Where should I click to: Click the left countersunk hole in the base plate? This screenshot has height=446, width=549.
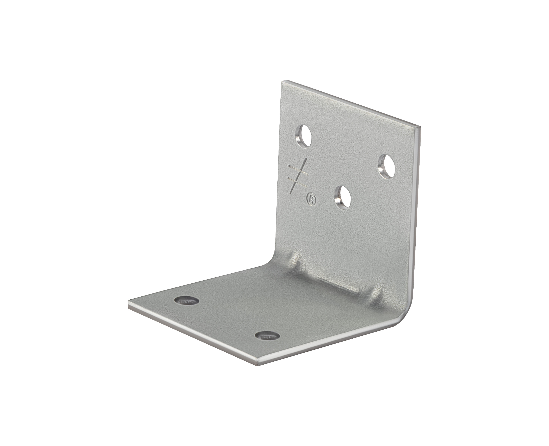(x=187, y=300)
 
